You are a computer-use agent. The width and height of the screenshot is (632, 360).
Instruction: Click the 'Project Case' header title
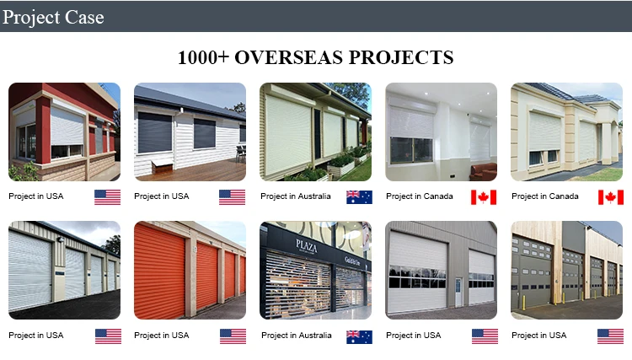51,16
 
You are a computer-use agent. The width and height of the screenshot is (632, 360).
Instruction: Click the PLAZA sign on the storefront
306,244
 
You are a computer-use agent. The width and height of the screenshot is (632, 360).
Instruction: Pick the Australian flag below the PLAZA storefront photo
359,336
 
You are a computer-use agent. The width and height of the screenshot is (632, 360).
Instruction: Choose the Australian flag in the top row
359,196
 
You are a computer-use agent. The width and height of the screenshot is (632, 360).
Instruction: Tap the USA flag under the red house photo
107,196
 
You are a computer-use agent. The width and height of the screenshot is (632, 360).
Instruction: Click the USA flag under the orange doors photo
233,336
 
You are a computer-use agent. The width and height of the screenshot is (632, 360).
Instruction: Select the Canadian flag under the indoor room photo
484,196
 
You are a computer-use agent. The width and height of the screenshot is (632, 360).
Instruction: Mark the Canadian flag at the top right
610,196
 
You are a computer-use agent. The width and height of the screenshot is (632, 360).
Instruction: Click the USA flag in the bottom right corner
610,336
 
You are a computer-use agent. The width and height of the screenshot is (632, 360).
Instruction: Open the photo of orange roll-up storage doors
190,270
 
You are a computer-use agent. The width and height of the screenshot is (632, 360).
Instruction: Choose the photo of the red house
64,132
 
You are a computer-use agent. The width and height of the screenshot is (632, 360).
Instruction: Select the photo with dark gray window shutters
190,132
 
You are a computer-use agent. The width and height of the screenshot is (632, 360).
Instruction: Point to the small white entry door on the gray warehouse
458,291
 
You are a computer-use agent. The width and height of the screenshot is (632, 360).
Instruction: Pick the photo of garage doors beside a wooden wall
567,270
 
